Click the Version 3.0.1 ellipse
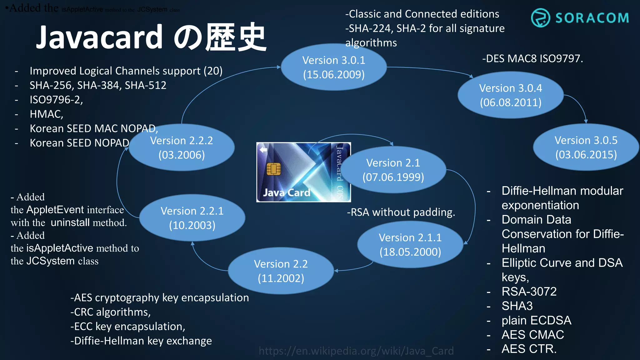(334, 67)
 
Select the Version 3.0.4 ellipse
(511, 95)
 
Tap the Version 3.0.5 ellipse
(586, 147)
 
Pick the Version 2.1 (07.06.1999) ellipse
(393, 170)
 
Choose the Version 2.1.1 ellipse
(410, 245)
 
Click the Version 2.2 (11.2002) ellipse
(281, 271)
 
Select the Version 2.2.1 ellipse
(192, 218)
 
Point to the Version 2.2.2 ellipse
(181, 147)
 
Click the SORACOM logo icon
(540, 18)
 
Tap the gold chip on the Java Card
(273, 169)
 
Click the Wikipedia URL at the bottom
(356, 351)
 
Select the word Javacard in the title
(99, 37)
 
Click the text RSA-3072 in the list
(529, 292)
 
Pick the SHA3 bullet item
(517, 306)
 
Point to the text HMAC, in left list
(46, 114)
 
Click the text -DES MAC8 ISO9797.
(532, 58)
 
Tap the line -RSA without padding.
(401, 212)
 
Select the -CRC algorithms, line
(111, 312)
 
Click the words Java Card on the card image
(287, 192)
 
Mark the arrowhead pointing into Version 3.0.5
(586, 122)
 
